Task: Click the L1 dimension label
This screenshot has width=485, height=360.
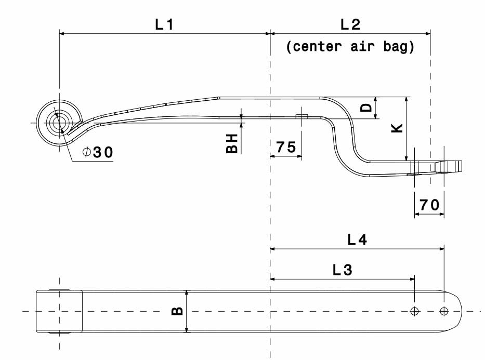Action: coord(164,24)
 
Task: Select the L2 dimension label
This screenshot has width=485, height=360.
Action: coord(350,24)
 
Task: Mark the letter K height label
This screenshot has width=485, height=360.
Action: coord(397,128)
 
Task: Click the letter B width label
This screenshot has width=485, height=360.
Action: coord(177,311)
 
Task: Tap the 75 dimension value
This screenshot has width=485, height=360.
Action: coord(286,147)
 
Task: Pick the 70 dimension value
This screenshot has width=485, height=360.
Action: coord(429,205)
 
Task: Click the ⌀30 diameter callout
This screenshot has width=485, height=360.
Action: coord(97,152)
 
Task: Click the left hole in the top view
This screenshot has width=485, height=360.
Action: coord(414,311)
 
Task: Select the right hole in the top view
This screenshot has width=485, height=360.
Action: coord(444,311)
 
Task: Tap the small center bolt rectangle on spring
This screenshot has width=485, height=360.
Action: coord(302,116)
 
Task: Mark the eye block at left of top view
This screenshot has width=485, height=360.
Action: coord(59,311)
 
